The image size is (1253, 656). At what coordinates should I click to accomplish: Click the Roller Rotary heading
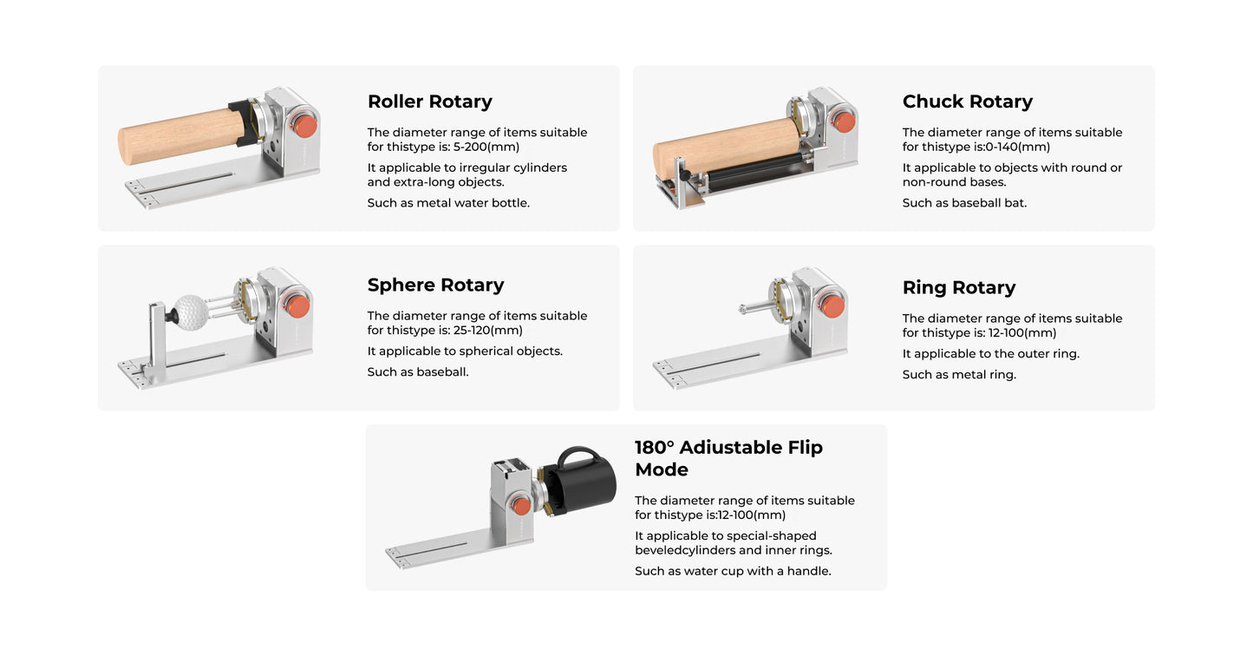[429, 102]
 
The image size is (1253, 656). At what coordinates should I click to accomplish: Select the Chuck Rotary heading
[967, 102]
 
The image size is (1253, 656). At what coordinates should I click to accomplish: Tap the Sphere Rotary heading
[435, 285]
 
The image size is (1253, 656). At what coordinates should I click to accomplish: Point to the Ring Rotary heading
[958, 287]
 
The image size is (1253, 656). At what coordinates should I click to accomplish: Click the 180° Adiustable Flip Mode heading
[728, 458]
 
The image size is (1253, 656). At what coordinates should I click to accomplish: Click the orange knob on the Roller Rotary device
[304, 125]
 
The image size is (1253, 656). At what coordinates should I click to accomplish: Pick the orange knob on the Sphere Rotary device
[297, 305]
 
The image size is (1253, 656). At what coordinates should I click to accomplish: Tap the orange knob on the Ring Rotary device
[832, 305]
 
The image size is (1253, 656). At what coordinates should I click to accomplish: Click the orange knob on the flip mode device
[520, 505]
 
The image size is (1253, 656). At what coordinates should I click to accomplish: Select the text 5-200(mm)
[486, 147]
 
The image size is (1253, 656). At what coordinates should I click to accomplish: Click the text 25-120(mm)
[488, 330]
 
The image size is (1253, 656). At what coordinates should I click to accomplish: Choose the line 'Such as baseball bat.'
[964, 203]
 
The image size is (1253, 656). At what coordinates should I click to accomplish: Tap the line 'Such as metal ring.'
[959, 375]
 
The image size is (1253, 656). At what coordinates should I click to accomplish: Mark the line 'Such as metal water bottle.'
[448, 203]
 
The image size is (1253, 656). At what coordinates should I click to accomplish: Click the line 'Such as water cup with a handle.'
[733, 571]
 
